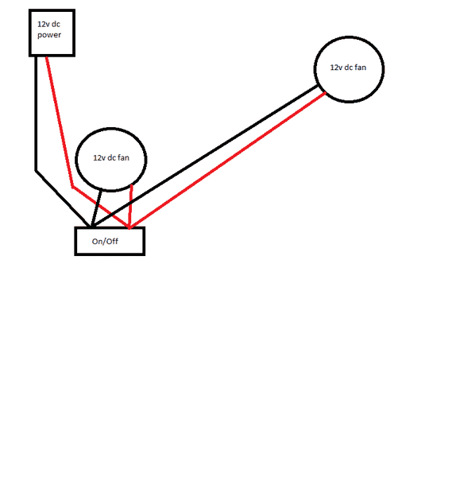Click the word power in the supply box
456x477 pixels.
(49, 35)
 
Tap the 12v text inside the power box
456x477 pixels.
(43, 24)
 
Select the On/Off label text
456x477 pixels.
(105, 241)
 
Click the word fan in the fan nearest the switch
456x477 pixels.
(123, 157)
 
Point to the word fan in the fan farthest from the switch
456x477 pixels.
(360, 68)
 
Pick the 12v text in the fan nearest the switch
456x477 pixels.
(99, 158)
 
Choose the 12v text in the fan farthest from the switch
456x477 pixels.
(335, 68)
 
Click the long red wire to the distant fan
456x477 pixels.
(228, 160)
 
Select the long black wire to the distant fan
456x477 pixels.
(205, 157)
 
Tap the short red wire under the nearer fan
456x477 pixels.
(131, 207)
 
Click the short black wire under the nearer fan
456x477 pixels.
(96, 208)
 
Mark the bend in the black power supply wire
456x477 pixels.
(36, 171)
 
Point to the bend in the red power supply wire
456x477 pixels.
(72, 187)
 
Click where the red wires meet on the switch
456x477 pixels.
(129, 227)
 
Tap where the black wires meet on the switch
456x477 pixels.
(91, 227)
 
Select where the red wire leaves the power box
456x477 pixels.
(47, 57)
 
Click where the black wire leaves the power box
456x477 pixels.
(36, 57)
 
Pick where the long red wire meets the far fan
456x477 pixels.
(325, 92)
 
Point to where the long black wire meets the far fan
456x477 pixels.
(318, 87)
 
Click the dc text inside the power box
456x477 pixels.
(56, 24)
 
